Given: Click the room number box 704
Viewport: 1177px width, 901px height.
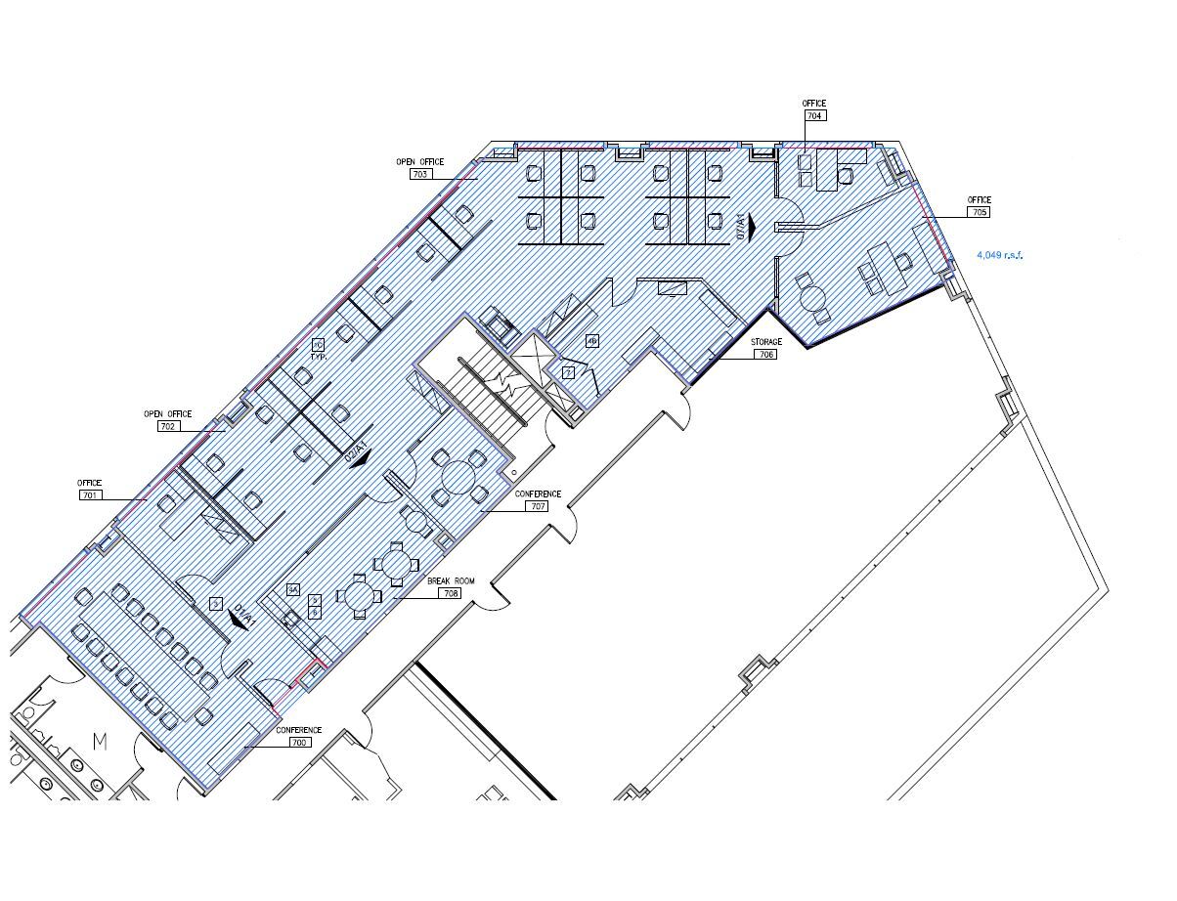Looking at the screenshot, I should pos(814,115).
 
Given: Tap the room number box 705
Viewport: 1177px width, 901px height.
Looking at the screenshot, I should pos(979,212).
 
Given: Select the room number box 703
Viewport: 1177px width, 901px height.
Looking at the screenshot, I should pos(420,174).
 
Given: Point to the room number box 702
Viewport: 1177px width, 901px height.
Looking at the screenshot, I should pos(168,426).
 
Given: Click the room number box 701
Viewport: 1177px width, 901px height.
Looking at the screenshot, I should pos(90,495).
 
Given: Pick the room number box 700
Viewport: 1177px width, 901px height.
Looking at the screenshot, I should pos(298,743).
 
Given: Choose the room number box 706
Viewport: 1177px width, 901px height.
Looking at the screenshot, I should pos(765,354).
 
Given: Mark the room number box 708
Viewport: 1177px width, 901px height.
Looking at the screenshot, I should pos(451,593).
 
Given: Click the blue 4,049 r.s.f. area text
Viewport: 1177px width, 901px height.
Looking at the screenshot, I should pos(999,256).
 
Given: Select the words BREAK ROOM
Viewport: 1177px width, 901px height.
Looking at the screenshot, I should pos(451,581).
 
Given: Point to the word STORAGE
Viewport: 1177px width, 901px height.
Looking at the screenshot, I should pos(765,342).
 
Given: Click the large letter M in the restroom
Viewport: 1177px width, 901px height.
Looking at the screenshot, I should pos(100,742).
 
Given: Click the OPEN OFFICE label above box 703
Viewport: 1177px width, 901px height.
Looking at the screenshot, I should pos(419,162).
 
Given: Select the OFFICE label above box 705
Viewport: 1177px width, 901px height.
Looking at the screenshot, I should pos(979,200).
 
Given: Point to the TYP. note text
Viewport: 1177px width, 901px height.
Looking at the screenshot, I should pos(318,357).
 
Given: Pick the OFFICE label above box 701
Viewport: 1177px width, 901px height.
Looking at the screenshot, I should pos(90,484).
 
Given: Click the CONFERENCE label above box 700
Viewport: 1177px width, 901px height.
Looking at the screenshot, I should pos(298,731).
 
